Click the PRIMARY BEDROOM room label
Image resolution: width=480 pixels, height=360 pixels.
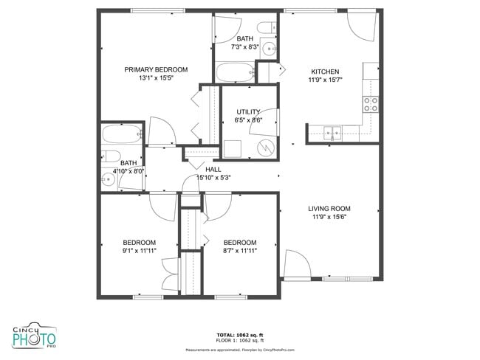pyautogui.click(x=156, y=70)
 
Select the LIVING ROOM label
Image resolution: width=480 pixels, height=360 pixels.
pyautogui.click(x=329, y=209)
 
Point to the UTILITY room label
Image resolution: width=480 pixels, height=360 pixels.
pyautogui.click(x=247, y=112)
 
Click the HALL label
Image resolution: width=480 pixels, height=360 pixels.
pyautogui.click(x=213, y=169)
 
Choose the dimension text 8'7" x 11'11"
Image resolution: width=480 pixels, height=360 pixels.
pyautogui.click(x=240, y=251)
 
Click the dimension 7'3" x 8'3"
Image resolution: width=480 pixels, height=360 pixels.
pyautogui.click(x=245, y=46)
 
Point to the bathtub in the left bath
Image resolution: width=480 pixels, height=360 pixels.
pyautogui.click(x=121, y=135)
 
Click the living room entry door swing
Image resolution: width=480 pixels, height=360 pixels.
pyautogui.click(x=295, y=264)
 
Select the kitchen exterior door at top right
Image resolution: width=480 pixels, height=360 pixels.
pyautogui.click(x=362, y=26)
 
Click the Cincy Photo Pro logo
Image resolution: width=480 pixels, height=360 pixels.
pyautogui.click(x=35, y=337)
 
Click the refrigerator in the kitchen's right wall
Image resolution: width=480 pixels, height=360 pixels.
pyautogui.click(x=371, y=73)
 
